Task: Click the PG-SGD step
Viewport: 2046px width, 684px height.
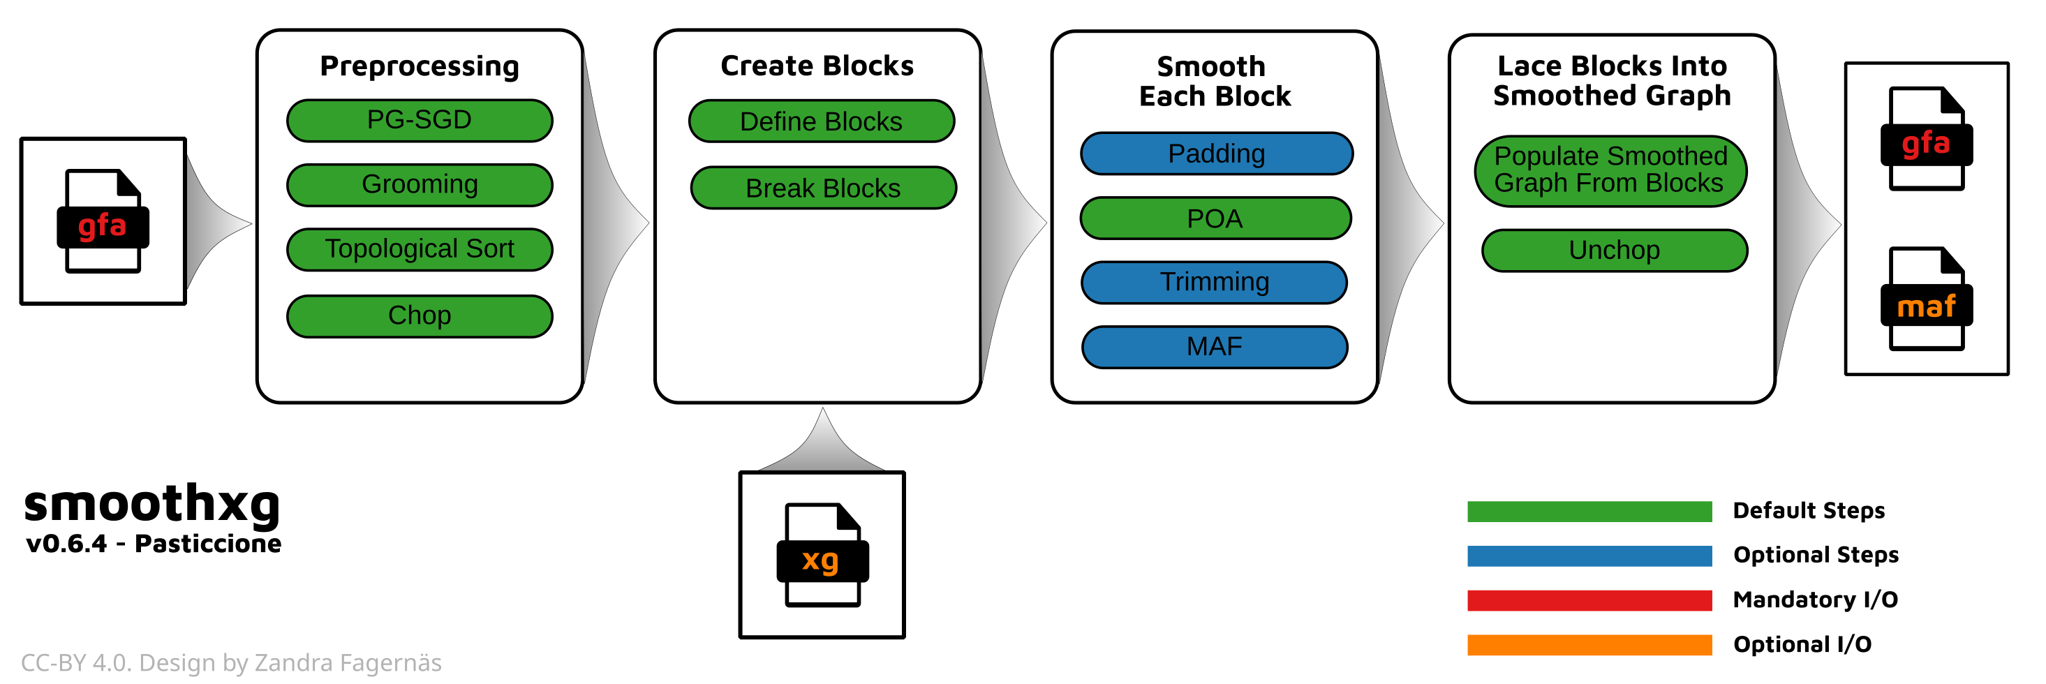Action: [420, 121]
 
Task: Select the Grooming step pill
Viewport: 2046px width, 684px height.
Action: [420, 185]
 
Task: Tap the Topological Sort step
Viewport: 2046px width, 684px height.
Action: [420, 249]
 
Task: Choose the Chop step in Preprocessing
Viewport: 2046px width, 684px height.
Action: [420, 315]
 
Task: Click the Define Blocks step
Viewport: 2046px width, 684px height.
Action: [821, 121]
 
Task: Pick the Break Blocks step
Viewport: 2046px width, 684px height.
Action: [823, 188]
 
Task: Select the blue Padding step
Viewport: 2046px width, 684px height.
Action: [1216, 154]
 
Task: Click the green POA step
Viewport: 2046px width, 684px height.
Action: [1215, 218]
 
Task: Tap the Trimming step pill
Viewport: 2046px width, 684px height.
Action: [1214, 282]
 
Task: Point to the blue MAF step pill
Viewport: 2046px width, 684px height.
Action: [1214, 347]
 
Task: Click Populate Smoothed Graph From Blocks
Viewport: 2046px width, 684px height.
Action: [1610, 170]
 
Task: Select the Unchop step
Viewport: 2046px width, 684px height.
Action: [1614, 251]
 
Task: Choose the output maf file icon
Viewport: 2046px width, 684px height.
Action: [1926, 299]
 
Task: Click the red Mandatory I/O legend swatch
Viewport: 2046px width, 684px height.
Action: [1589, 600]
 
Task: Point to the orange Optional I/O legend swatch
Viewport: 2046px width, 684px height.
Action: [1589, 644]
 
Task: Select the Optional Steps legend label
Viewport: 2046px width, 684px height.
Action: [1816, 554]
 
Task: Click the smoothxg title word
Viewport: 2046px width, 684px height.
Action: [151, 504]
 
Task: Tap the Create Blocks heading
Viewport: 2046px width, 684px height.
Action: [817, 66]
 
